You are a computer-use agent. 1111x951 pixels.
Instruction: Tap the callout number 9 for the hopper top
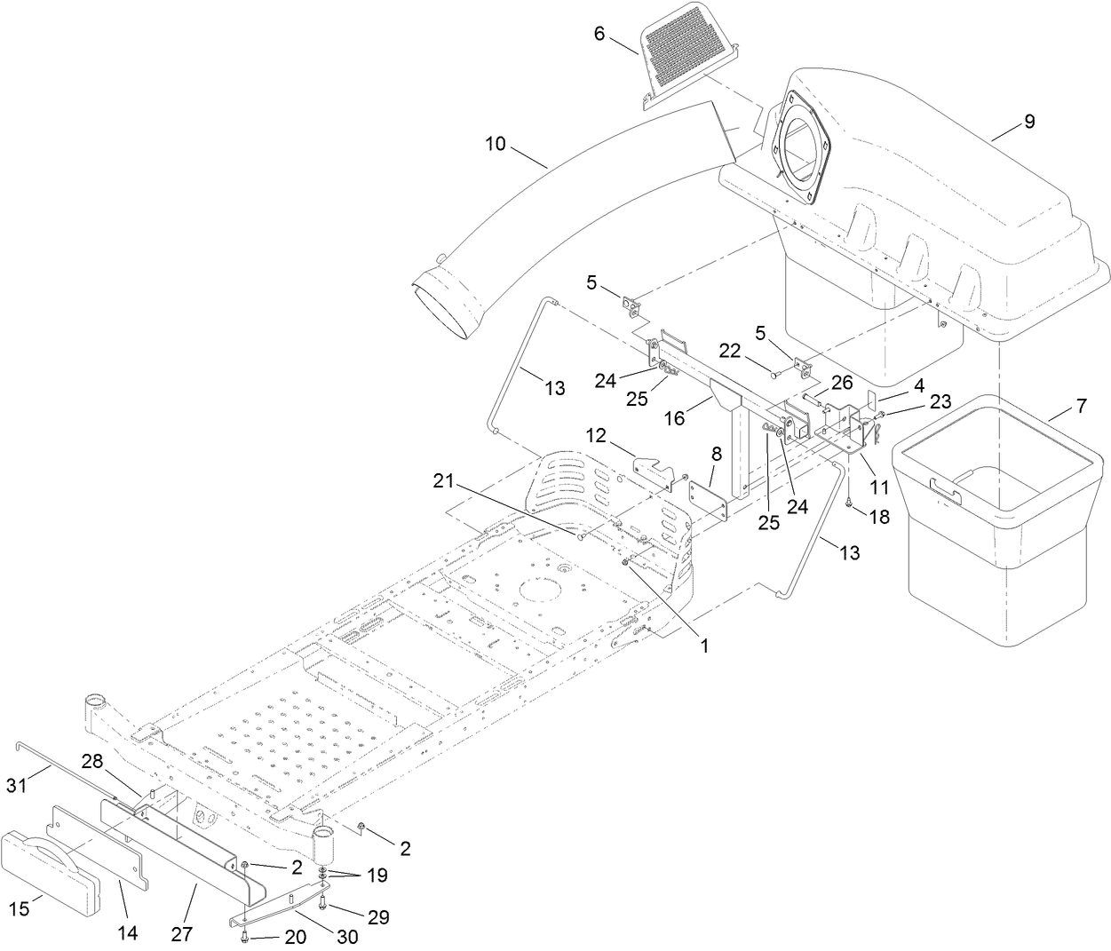pos(1028,122)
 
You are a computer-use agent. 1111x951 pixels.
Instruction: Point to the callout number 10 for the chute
pos(496,143)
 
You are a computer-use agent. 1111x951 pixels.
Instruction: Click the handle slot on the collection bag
pos(948,487)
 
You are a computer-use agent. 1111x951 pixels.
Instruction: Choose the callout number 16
pos(675,416)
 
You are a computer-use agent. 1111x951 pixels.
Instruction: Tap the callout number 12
pos(595,436)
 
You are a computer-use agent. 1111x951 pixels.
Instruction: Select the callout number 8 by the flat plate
pos(715,454)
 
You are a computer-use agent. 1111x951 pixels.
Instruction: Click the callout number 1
pos(704,646)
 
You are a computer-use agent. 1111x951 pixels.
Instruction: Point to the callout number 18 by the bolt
pos(878,517)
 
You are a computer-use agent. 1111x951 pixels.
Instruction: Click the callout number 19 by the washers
pos(377,876)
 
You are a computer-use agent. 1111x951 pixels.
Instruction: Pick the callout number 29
pos(378,917)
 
